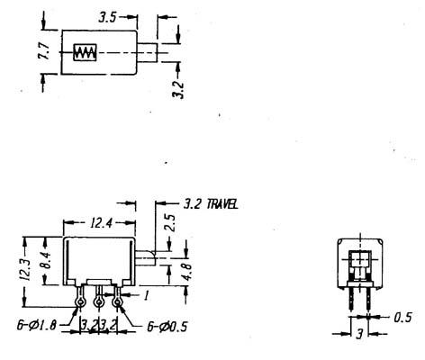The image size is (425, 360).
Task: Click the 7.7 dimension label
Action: (45, 51)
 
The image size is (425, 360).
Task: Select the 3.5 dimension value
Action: (107, 17)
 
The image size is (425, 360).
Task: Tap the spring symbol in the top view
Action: (86, 52)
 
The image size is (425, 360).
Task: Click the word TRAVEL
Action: (222, 204)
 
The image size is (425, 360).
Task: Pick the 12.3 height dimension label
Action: (25, 269)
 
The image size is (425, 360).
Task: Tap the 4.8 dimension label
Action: (186, 272)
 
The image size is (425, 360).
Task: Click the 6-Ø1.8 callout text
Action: (37, 325)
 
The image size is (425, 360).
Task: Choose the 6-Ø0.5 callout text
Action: (167, 327)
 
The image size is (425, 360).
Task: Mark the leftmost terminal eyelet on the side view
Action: (80, 301)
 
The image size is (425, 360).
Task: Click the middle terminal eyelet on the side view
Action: (98, 301)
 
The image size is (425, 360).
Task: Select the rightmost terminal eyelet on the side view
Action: (117, 301)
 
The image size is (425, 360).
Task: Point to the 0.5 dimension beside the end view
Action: (402, 318)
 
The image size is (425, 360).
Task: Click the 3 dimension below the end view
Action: (359, 334)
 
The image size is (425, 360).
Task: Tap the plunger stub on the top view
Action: (148, 53)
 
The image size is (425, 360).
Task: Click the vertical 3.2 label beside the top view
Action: (177, 89)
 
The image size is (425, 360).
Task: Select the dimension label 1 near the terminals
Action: (146, 296)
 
